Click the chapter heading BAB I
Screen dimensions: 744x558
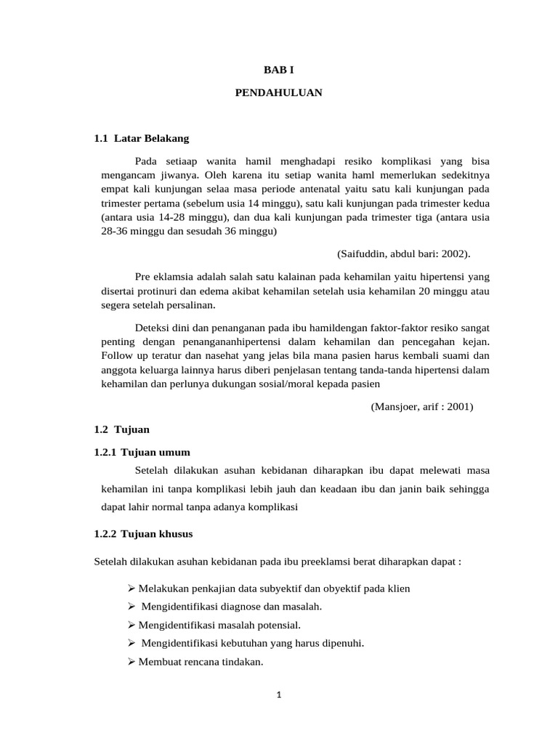click(278, 70)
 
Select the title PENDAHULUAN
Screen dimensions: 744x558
click(278, 93)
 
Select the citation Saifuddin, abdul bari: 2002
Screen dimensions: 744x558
click(404, 254)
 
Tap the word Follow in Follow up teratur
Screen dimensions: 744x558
click(117, 355)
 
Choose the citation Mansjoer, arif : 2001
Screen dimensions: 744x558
click(421, 407)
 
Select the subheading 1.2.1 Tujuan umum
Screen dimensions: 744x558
click(142, 452)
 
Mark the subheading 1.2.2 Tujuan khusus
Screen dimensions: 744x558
click(144, 534)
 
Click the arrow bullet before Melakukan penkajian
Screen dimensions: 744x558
click(121, 589)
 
